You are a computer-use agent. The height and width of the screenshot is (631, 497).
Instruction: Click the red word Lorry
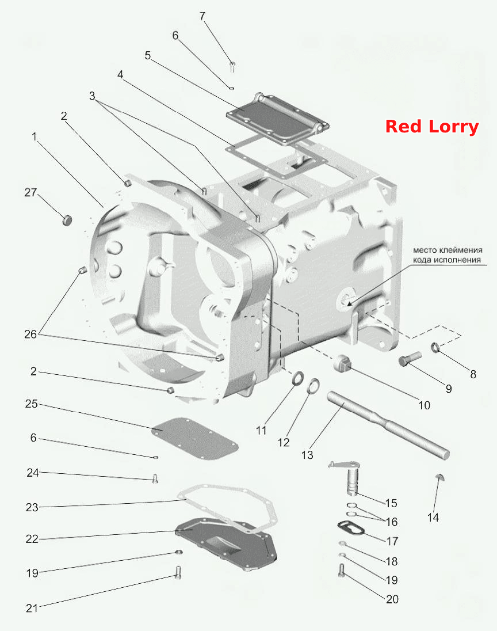pyautogui.click(x=454, y=127)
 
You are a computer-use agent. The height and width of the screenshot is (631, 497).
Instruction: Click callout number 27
pyautogui.click(x=30, y=192)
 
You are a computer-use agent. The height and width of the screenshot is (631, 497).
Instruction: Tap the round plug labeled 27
pyautogui.click(x=67, y=220)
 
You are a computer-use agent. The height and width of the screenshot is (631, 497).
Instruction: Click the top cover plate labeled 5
pyautogui.click(x=277, y=119)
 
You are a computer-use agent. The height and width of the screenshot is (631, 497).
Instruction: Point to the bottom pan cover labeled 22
pyautogui.click(x=227, y=544)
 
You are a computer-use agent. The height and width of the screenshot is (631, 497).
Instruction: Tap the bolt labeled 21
pyautogui.click(x=178, y=572)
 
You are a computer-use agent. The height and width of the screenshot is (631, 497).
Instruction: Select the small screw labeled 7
pyautogui.click(x=232, y=66)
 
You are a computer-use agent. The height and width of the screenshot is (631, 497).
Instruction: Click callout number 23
pyautogui.click(x=32, y=507)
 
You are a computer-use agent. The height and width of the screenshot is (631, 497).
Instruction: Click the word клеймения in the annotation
pyautogui.click(x=459, y=250)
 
